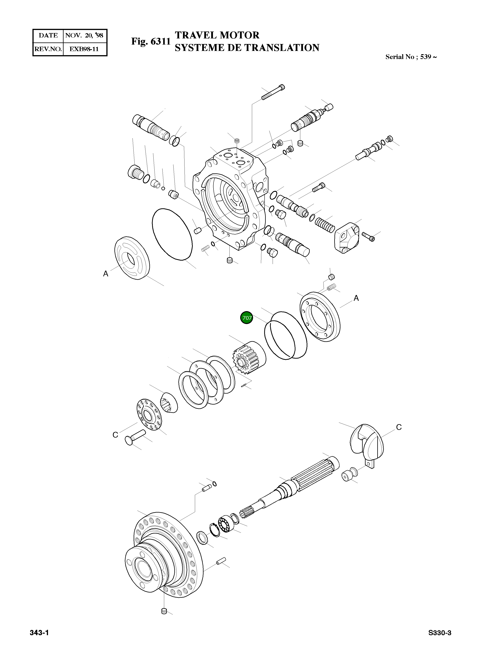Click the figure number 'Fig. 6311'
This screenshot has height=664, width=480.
pyautogui.click(x=151, y=41)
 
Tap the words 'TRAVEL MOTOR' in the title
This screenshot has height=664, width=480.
pyautogui.click(x=217, y=35)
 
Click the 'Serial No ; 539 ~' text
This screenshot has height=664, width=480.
pyautogui.click(x=411, y=57)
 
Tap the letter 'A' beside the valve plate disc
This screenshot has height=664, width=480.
pyautogui.click(x=106, y=274)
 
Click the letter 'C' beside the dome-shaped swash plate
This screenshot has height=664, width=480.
pyautogui.click(x=399, y=427)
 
